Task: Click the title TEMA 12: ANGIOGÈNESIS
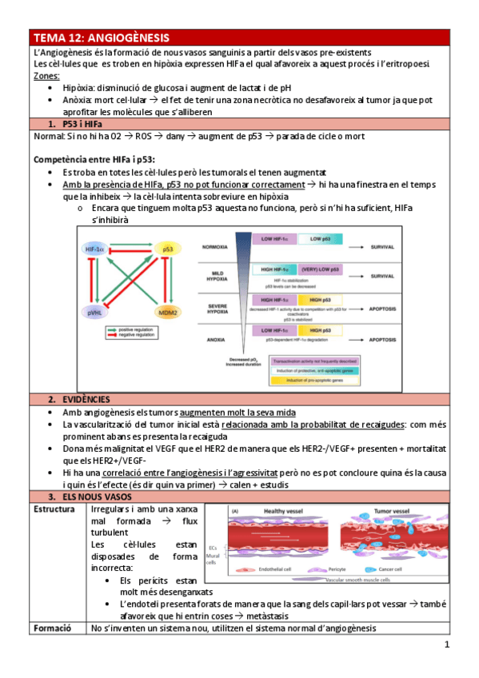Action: coord(101,38)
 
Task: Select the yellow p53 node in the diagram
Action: coord(167,250)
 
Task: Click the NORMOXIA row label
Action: coord(216,246)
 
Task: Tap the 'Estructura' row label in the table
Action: coord(54,509)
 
